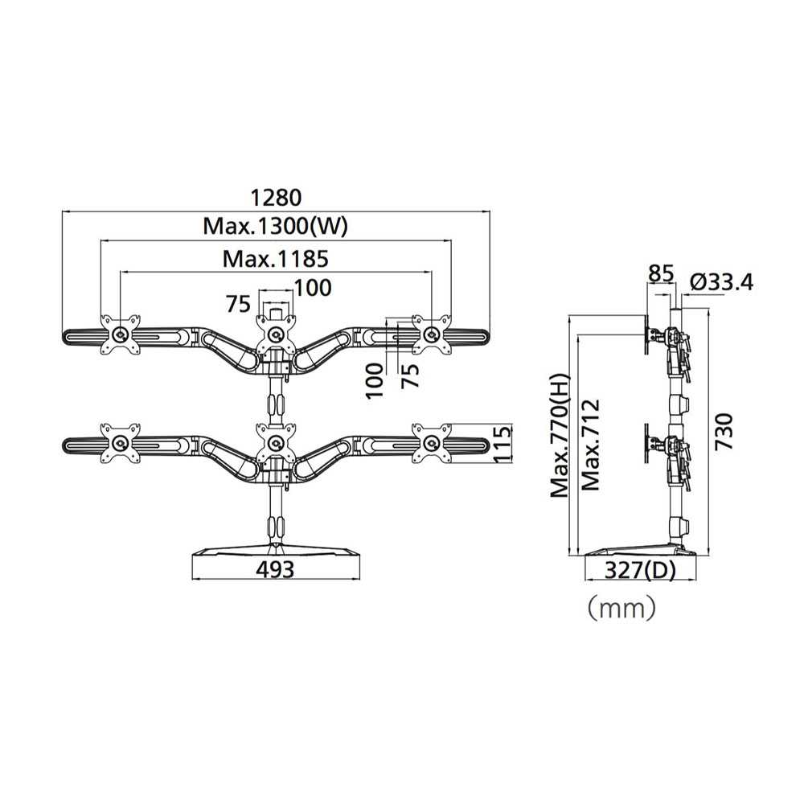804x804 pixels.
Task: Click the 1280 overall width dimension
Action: click(x=276, y=197)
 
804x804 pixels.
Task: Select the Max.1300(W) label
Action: click(x=275, y=226)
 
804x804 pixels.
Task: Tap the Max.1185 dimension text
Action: click(x=275, y=259)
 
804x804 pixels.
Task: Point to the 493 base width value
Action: click(x=275, y=569)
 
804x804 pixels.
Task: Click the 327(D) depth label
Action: click(x=641, y=570)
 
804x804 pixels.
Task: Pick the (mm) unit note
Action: click(x=621, y=608)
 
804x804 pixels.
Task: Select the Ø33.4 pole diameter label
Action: click(x=721, y=282)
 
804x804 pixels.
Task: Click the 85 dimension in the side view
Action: click(x=660, y=274)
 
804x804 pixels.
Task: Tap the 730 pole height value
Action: click(x=724, y=432)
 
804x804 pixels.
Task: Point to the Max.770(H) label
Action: click(x=560, y=435)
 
